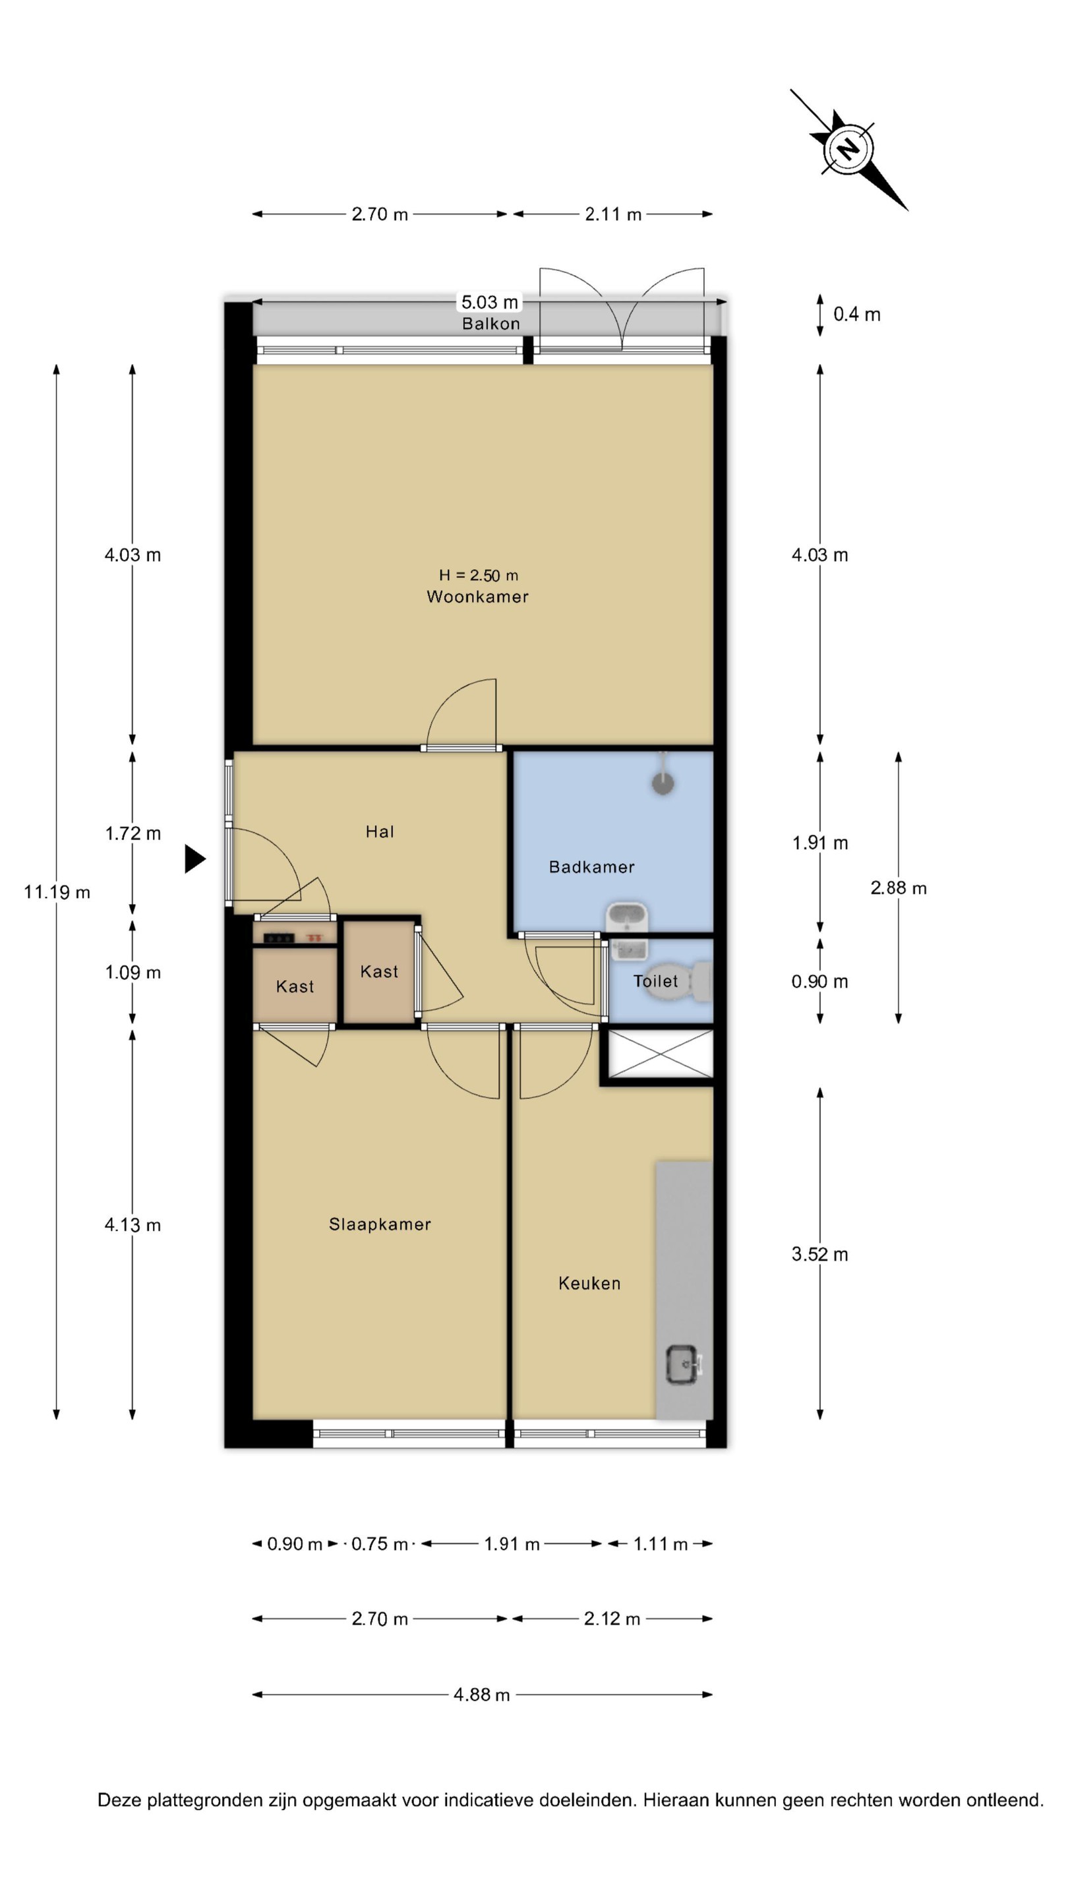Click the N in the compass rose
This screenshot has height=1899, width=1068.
[x=849, y=150]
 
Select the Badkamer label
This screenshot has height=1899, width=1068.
[x=592, y=867]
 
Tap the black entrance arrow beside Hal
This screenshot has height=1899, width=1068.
[x=194, y=859]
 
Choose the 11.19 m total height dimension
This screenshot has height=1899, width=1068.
[x=57, y=892]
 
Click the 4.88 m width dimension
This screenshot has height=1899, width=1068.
[x=482, y=1694]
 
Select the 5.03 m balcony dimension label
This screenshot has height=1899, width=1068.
[x=489, y=301]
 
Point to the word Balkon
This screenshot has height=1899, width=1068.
[x=491, y=324]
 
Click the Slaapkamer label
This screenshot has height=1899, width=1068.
[x=380, y=1224]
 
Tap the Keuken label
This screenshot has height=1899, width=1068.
[x=589, y=1283]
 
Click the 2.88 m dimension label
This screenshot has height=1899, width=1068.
[x=899, y=888]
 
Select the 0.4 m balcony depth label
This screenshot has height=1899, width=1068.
[x=856, y=314]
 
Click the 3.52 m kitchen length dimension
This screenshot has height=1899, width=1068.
[x=819, y=1254]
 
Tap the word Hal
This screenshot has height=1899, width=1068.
[x=380, y=831]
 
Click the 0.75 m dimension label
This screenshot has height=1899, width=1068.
[x=379, y=1544]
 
